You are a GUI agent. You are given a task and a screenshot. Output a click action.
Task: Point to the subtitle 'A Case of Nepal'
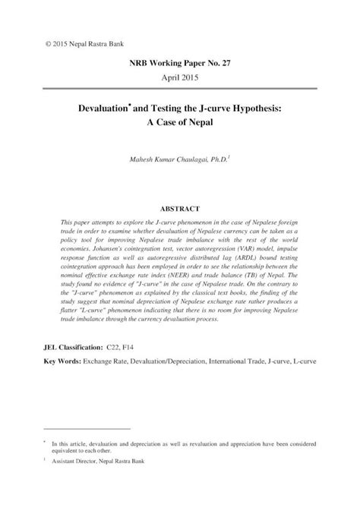coord(180,125)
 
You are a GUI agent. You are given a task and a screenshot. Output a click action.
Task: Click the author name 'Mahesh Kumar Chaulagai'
coord(161,159)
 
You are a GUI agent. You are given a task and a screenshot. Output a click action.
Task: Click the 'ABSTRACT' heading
coord(179,207)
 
